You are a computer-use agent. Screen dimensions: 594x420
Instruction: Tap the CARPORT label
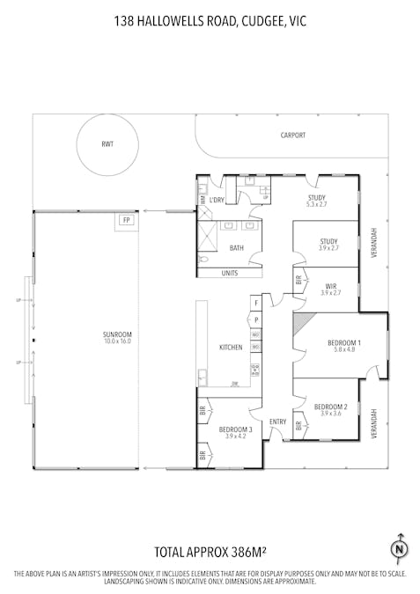coord(293,136)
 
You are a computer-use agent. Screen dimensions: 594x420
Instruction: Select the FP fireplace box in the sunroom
coord(126,219)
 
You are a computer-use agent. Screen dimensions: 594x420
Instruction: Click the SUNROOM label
coord(116,334)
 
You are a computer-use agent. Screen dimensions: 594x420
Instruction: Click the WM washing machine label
coord(203,200)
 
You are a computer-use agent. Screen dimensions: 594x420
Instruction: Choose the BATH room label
coord(237,248)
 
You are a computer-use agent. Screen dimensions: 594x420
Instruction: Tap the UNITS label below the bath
coord(230,273)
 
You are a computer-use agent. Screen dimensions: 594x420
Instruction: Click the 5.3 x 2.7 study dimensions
coord(316,204)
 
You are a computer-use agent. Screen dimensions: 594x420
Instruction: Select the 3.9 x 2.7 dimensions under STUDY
coord(328,248)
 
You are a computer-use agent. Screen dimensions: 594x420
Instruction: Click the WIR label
coord(331,286)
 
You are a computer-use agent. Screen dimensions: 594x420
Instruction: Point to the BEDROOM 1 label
coord(344,341)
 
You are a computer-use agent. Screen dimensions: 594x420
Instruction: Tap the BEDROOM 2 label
coord(330,407)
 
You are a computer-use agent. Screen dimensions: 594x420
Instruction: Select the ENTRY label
coord(277,422)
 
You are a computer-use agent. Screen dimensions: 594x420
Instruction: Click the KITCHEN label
coord(231,348)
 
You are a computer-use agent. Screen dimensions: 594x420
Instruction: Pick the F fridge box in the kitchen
coord(256,304)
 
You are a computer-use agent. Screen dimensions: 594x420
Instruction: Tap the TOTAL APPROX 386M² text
coord(210,553)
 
